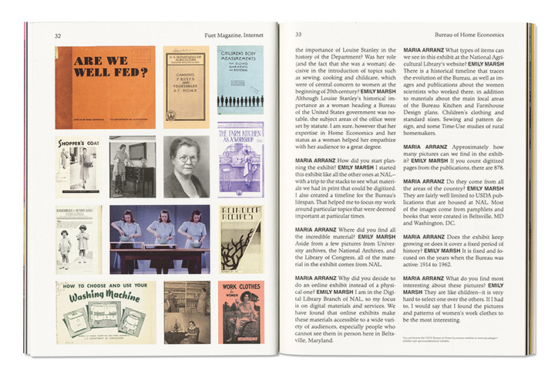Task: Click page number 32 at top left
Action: tap(59, 35)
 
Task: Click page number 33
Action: tap(298, 35)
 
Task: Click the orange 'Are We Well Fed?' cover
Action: tap(105, 87)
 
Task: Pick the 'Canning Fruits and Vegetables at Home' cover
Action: tap(186, 87)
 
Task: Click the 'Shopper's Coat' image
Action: tap(79, 166)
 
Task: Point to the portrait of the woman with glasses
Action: tap(186, 167)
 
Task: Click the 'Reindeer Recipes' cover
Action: tap(240, 239)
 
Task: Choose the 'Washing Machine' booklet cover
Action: tap(105, 312)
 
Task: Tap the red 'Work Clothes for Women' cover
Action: tap(240, 312)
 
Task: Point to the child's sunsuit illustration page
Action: tap(79, 239)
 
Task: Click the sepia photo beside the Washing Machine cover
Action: tap(186, 312)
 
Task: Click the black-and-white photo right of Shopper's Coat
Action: tap(132, 167)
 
